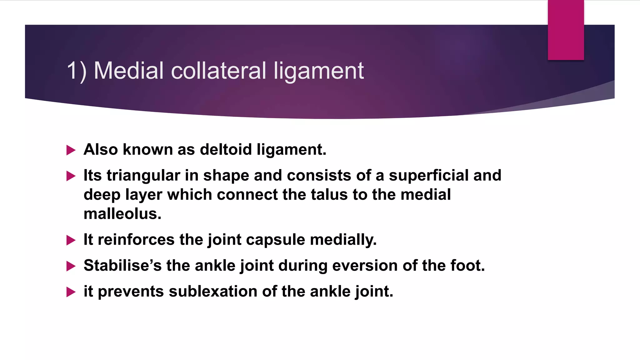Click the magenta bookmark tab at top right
pos(566,30)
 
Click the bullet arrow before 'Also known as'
pos(71,150)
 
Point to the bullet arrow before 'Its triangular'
pos(71,176)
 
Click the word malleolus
pos(122,214)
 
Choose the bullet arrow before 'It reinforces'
pos(71,240)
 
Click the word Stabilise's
pos(122,266)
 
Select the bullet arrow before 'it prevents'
pos(71,292)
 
